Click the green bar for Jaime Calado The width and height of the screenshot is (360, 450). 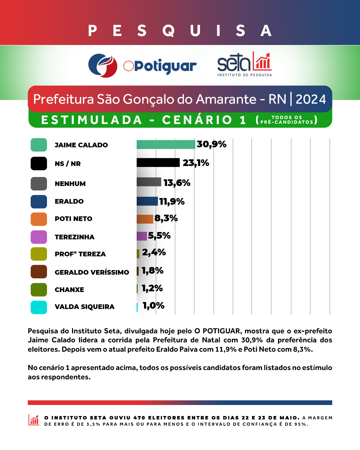[166, 144]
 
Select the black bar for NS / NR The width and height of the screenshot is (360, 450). [158, 163]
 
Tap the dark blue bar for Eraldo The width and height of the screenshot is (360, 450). [147, 201]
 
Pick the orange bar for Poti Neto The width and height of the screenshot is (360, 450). [145, 219]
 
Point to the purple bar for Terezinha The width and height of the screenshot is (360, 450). [142, 236]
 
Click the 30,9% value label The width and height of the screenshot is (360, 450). [211, 144]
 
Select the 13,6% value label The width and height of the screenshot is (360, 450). [177, 183]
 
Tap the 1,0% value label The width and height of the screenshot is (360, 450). [153, 306]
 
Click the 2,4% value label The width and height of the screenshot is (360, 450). [154, 252]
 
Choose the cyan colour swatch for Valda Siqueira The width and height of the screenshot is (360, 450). [39, 307]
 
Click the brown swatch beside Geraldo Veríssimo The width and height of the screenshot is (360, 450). [39, 272]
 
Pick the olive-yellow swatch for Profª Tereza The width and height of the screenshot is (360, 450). [39, 254]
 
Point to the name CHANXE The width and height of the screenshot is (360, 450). [69, 290]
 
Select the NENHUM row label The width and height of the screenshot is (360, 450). [70, 184]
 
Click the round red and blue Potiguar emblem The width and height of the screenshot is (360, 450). [103, 66]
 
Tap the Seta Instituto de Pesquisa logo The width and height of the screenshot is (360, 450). [244, 64]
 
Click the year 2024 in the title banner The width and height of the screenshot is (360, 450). [311, 99]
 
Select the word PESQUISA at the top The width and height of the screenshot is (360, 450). [180, 31]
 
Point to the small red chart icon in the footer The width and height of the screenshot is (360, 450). [34, 420]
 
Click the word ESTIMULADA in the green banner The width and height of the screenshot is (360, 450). [92, 120]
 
